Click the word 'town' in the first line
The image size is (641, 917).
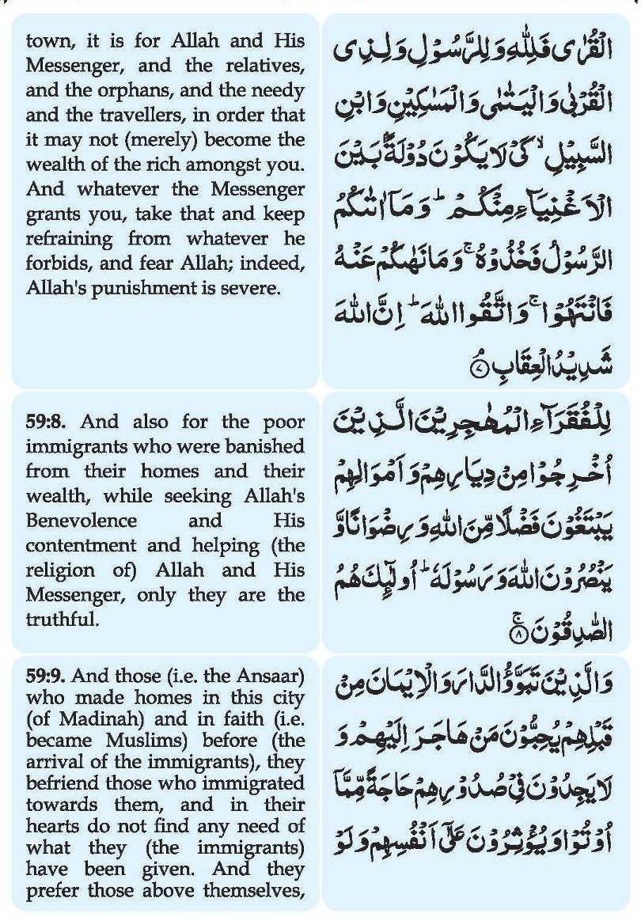coord(46,40)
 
